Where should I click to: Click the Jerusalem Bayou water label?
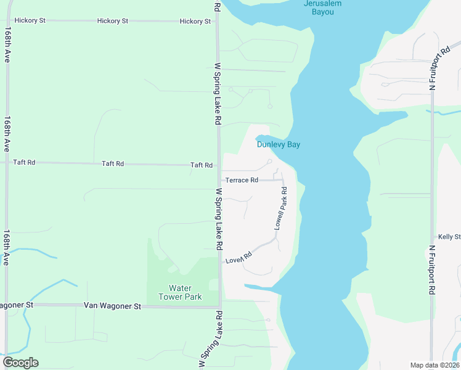[x=322, y=7]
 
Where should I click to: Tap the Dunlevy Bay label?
[x=278, y=144]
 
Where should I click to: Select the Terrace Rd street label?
[x=242, y=180]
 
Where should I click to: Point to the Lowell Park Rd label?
[x=281, y=209]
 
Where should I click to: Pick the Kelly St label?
[x=449, y=237]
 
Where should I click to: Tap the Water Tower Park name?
[x=180, y=292]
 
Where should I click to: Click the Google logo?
[x=20, y=363]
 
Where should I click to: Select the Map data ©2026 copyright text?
[x=434, y=365]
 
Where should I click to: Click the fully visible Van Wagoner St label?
[x=112, y=306]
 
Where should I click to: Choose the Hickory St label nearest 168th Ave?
[x=31, y=20]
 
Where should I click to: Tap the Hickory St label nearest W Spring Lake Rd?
[x=195, y=22]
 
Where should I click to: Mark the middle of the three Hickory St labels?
[x=113, y=21]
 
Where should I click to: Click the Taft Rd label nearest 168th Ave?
[x=25, y=162]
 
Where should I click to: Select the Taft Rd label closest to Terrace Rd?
[x=202, y=165]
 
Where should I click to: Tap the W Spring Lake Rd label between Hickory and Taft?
[x=218, y=93]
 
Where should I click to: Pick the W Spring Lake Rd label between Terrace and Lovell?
[x=219, y=219]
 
